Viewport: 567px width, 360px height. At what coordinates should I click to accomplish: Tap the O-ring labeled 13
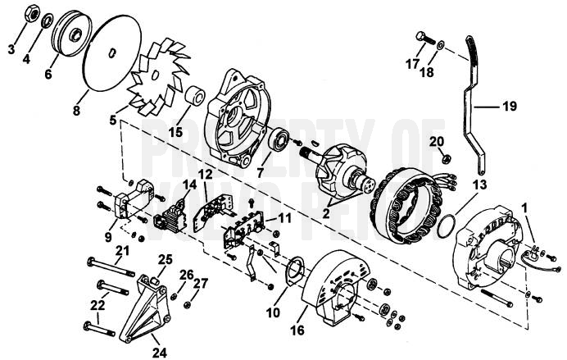tap(446, 223)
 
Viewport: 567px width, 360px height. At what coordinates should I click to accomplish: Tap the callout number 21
tap(122, 250)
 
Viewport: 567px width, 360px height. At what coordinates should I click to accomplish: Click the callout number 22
tap(98, 304)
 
